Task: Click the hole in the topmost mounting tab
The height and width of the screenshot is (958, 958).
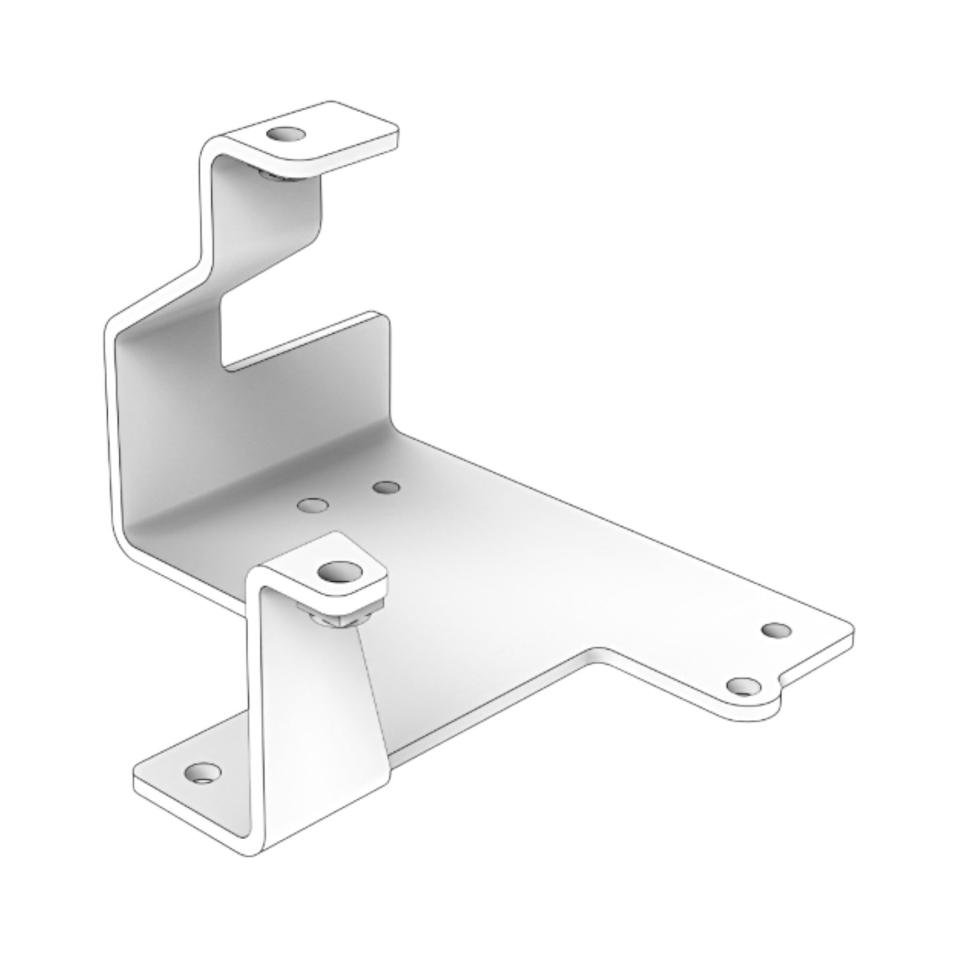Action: click(286, 135)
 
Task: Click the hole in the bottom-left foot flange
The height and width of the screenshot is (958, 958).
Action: click(202, 772)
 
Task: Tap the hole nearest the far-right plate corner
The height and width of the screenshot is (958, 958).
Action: click(776, 629)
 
